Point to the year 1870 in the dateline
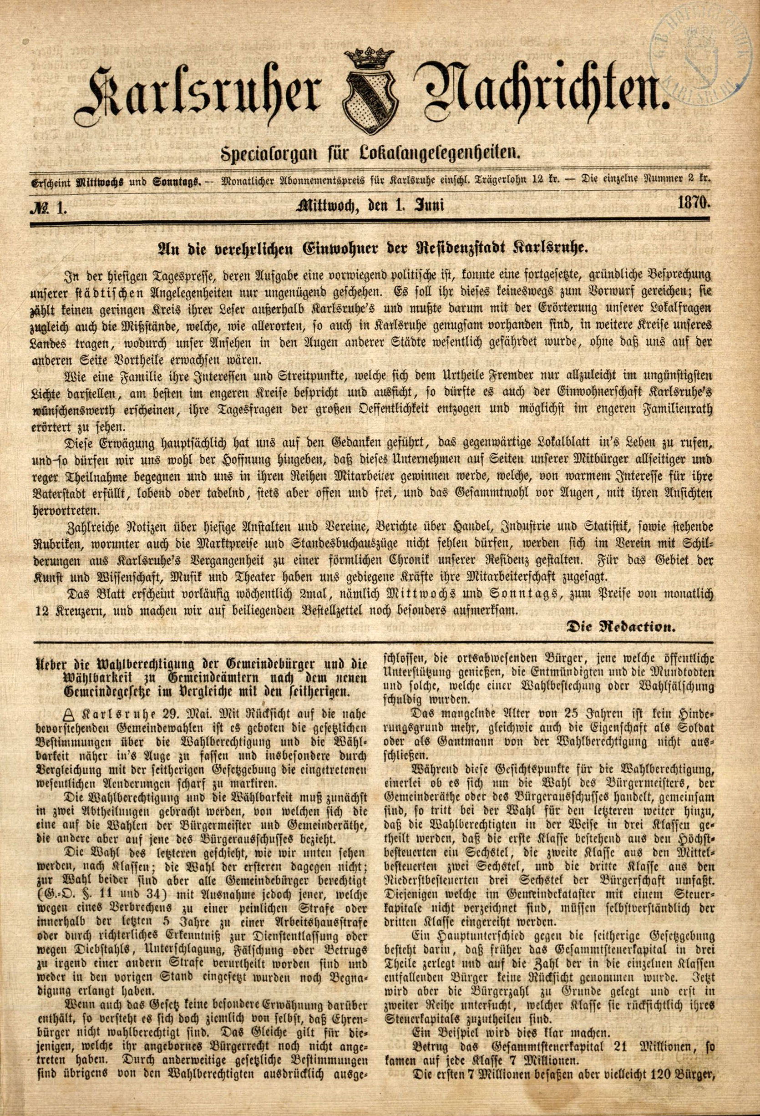(694, 203)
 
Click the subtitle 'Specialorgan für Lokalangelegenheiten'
(370, 154)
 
